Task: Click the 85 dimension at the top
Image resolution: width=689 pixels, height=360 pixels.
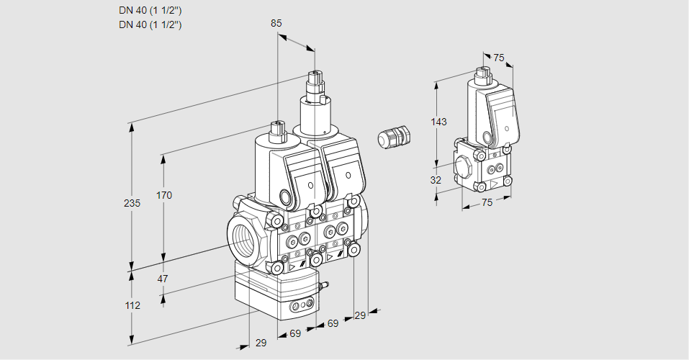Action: coord(276,23)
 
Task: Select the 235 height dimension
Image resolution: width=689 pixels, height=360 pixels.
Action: coord(132,204)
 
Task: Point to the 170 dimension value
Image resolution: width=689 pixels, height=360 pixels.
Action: coord(164,195)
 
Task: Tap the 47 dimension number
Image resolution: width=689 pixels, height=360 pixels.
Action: coord(163,279)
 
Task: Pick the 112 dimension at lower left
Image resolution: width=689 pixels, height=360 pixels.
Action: coord(132,305)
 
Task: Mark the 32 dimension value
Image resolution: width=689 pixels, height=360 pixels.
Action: coord(436,180)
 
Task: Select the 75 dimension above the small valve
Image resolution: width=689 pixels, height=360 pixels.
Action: coord(499,58)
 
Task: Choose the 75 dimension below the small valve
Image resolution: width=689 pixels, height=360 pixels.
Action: coord(487,203)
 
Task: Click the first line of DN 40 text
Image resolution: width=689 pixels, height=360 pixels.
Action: coord(150,11)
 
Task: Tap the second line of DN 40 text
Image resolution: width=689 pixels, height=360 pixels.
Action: coord(150,24)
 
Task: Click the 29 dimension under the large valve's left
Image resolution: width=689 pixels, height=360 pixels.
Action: coord(261,343)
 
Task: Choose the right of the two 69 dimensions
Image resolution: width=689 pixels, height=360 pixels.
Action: coord(333,324)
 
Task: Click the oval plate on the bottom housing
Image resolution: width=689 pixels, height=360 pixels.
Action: coord(301,307)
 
